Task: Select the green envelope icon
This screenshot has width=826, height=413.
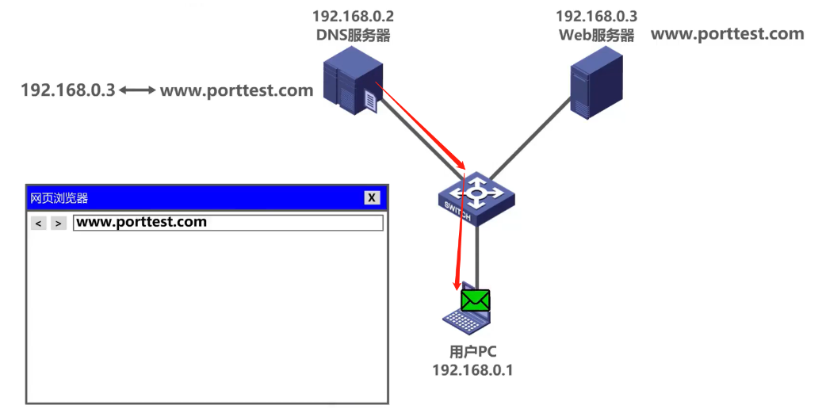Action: (476, 300)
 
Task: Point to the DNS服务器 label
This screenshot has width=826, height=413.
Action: (353, 35)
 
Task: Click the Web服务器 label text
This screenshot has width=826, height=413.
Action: (596, 35)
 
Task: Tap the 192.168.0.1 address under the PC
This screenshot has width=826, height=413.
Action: (472, 370)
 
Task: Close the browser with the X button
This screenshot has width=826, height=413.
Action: (372, 198)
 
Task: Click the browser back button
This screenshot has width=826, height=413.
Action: (38, 224)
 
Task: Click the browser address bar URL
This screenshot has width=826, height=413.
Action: (141, 222)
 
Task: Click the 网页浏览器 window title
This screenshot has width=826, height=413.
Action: (59, 198)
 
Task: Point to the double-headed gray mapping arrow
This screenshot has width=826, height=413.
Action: (138, 90)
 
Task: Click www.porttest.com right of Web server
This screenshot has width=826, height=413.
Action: (727, 34)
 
